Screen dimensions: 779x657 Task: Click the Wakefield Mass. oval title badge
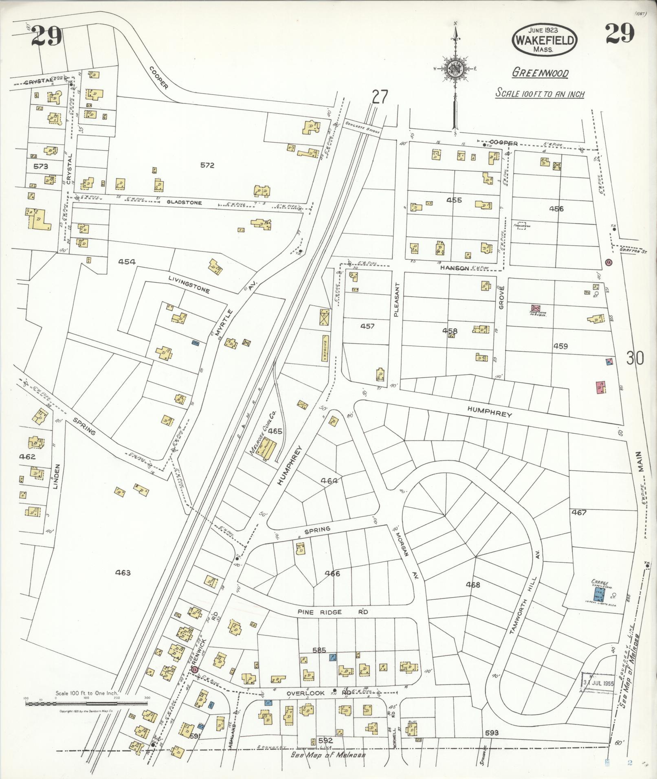tap(545, 39)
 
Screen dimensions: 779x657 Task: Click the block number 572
tap(207, 165)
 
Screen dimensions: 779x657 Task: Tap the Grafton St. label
tap(626, 250)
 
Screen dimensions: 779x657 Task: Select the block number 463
tap(123, 573)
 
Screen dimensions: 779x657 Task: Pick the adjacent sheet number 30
tap(635, 359)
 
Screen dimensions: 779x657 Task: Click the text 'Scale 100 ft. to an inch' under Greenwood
tap(540, 94)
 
